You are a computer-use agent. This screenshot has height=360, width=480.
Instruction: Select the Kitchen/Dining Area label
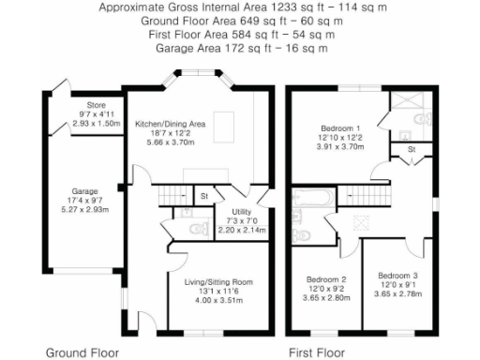(x=170, y=123)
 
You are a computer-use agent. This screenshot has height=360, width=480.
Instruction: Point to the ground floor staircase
(x=172, y=195)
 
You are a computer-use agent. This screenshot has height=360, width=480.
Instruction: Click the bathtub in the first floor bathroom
(x=310, y=198)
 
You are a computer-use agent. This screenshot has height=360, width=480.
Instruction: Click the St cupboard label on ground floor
(x=203, y=196)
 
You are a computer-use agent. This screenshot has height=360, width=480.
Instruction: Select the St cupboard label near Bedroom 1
(x=412, y=150)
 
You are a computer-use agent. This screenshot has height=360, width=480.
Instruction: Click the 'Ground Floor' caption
(x=82, y=353)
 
